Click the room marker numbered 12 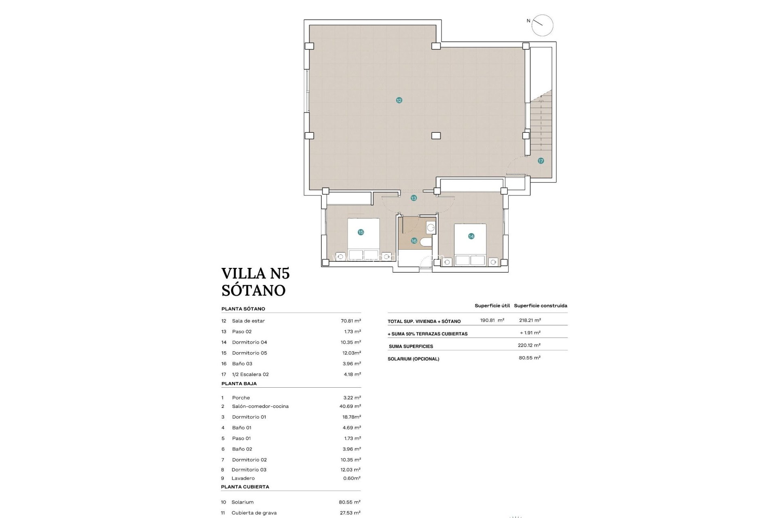coord(399,100)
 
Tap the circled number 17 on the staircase coord(541,161)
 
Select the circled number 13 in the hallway coord(414,198)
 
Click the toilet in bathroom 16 coord(425,242)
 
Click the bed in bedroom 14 coord(470,244)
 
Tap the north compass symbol coord(542,25)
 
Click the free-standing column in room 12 coord(436,136)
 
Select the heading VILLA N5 coord(255,274)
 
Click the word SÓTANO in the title coord(253,291)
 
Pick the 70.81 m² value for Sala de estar coord(350,321)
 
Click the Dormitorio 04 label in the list coord(249,342)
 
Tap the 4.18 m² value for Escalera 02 coord(352,374)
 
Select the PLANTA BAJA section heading coord(239,384)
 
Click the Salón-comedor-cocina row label coord(260,406)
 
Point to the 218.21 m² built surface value coord(530,320)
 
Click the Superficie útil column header coord(492,306)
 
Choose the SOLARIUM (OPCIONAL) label coord(413,359)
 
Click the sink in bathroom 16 coord(431,228)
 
